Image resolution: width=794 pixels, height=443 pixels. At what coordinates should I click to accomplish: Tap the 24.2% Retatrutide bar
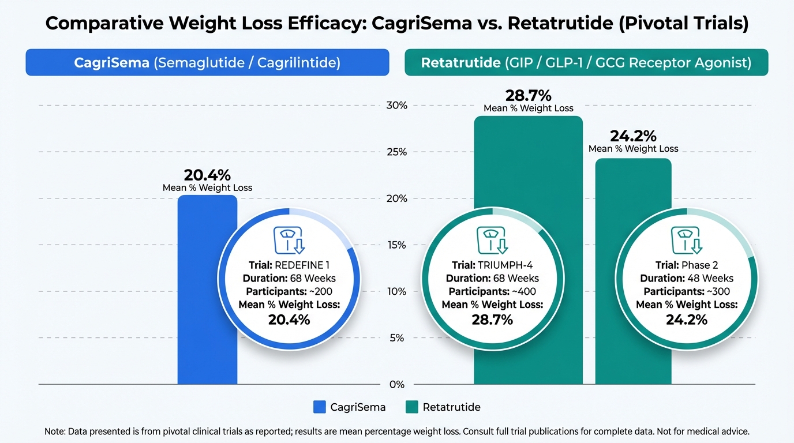pos(633,185)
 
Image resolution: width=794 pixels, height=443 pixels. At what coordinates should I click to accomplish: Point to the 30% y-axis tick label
pos(398,106)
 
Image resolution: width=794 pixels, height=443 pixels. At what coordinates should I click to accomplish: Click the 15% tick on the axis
pos(398,245)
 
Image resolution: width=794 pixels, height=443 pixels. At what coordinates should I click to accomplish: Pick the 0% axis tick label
pos(398,385)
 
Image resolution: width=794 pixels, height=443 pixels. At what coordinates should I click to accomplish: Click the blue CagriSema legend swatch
pos(320,407)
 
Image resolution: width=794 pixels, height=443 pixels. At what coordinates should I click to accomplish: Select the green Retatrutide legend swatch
pos(412,407)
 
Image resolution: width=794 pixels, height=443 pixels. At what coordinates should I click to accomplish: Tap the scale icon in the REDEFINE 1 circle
pos(289,241)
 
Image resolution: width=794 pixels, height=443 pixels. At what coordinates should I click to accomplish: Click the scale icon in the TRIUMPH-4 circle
pos(492,241)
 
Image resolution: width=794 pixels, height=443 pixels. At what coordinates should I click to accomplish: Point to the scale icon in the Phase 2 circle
pos(686,241)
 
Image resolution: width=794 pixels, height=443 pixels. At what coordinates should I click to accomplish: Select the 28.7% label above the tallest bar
pos(529,96)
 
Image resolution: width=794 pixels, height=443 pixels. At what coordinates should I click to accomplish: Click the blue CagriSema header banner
pos(207,62)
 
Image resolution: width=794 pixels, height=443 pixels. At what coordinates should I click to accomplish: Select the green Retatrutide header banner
pos(586,62)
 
